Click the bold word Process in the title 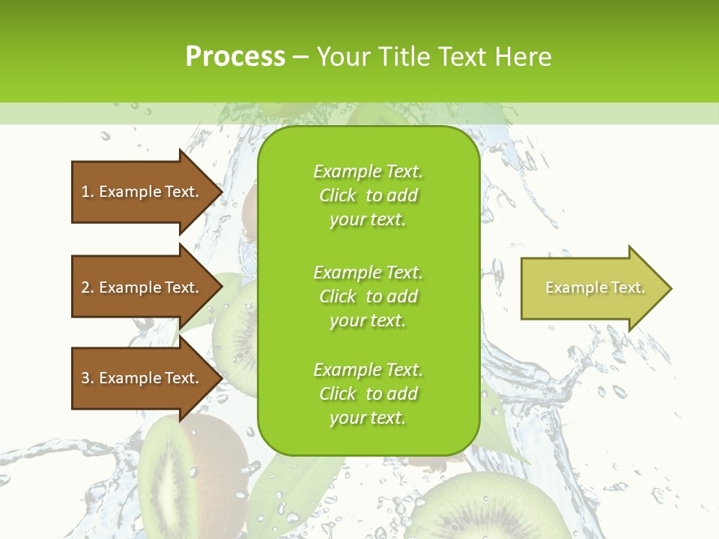(x=235, y=57)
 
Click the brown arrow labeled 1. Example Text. (x=142, y=192)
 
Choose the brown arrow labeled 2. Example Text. (x=142, y=287)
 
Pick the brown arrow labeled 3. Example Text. (x=142, y=378)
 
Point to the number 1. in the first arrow (x=88, y=192)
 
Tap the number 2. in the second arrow (x=88, y=287)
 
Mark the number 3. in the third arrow (x=88, y=378)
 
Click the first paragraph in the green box (x=368, y=195)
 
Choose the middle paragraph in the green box (x=368, y=296)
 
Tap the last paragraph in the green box (x=368, y=394)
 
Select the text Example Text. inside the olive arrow (x=595, y=287)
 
